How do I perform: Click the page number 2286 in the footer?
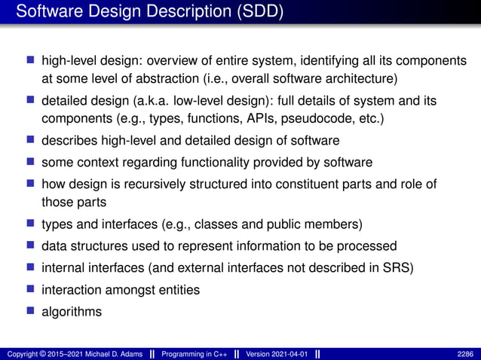point(466,354)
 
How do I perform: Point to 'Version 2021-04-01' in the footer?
point(277,354)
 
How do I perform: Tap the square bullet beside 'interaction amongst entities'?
point(31,289)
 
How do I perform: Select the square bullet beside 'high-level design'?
point(31,59)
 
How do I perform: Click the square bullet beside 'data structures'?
point(31,246)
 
